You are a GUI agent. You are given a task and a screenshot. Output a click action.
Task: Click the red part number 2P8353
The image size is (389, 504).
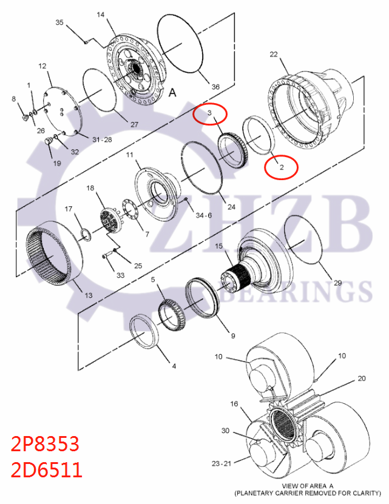(46, 445)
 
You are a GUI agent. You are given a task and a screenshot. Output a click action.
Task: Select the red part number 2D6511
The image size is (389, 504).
(46, 469)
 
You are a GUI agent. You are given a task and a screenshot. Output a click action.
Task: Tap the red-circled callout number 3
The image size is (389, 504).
(209, 113)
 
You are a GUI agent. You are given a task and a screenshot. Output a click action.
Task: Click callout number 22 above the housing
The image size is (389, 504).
(274, 55)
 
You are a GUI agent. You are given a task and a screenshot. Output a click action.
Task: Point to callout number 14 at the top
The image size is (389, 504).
(101, 13)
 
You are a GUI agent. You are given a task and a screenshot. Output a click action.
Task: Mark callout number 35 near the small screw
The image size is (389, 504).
(59, 22)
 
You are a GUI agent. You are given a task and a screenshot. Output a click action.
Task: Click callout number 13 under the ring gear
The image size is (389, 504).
(89, 295)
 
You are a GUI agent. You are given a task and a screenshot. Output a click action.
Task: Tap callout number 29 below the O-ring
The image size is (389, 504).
(337, 283)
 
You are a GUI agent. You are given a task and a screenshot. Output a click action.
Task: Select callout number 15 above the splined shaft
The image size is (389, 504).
(219, 247)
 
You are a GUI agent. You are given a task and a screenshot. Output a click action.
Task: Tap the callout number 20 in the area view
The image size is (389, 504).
(362, 378)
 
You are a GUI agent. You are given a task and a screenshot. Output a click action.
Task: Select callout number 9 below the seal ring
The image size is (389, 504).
(232, 335)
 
